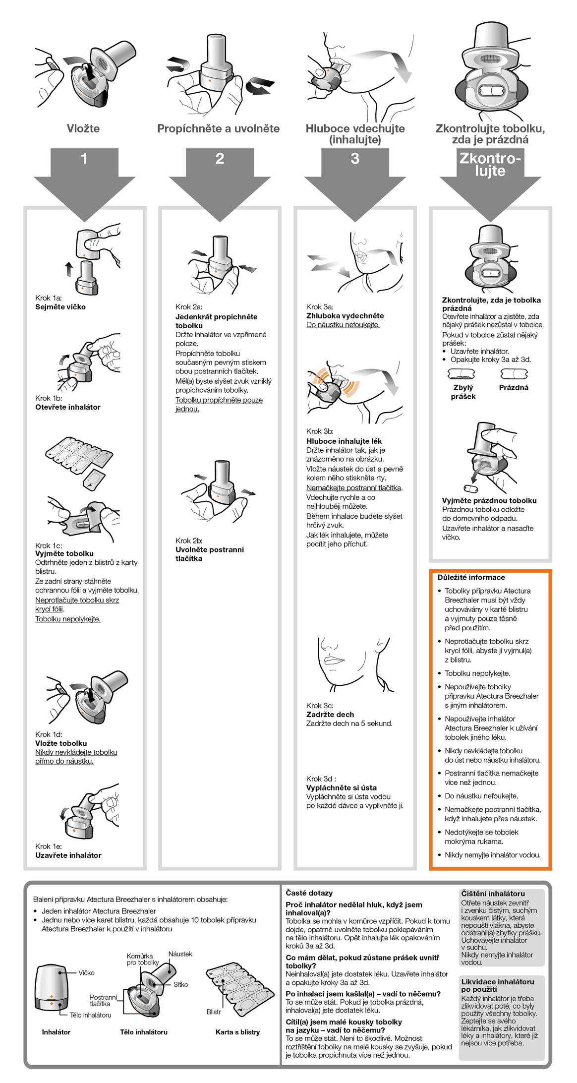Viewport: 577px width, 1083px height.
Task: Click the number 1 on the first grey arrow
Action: (x=84, y=159)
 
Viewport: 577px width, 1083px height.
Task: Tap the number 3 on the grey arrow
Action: (x=355, y=159)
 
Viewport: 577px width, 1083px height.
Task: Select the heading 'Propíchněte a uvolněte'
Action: (x=218, y=129)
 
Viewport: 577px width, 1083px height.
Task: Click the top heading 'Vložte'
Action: (x=83, y=129)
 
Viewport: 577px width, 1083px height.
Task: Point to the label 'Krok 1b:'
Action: (x=49, y=398)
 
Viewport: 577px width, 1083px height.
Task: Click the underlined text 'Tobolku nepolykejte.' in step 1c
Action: (x=68, y=619)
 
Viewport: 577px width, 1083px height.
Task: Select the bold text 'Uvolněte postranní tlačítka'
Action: (x=209, y=554)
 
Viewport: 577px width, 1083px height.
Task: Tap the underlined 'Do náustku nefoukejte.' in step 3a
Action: (x=343, y=325)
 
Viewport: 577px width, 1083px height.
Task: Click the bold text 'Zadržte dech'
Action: (x=330, y=715)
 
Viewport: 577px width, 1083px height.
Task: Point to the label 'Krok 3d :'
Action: (x=321, y=779)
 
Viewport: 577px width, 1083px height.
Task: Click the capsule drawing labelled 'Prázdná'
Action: (x=514, y=374)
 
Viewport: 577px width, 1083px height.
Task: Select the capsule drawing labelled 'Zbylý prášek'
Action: (x=461, y=374)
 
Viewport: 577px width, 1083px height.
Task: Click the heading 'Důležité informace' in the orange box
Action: (x=471, y=578)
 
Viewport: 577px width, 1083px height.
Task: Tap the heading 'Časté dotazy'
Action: (x=309, y=893)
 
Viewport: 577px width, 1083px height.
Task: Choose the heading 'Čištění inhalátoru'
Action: (x=493, y=894)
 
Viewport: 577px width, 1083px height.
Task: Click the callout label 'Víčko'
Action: (x=86, y=973)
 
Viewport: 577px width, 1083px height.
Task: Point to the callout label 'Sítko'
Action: (x=180, y=984)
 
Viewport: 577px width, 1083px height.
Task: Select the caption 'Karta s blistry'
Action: (x=237, y=1032)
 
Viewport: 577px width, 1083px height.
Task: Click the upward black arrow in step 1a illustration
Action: (x=69, y=269)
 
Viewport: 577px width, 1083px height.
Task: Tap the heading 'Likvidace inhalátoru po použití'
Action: (x=497, y=985)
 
